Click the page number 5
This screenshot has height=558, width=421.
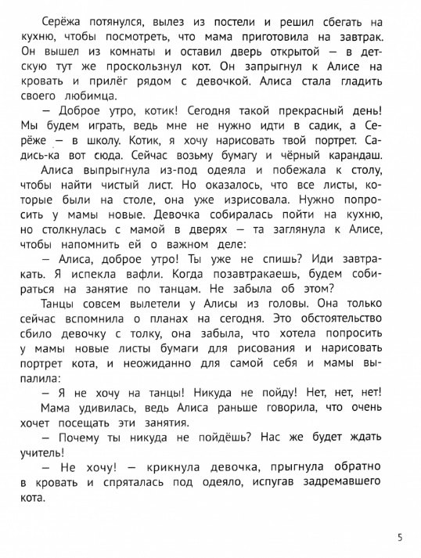pos(400,538)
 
